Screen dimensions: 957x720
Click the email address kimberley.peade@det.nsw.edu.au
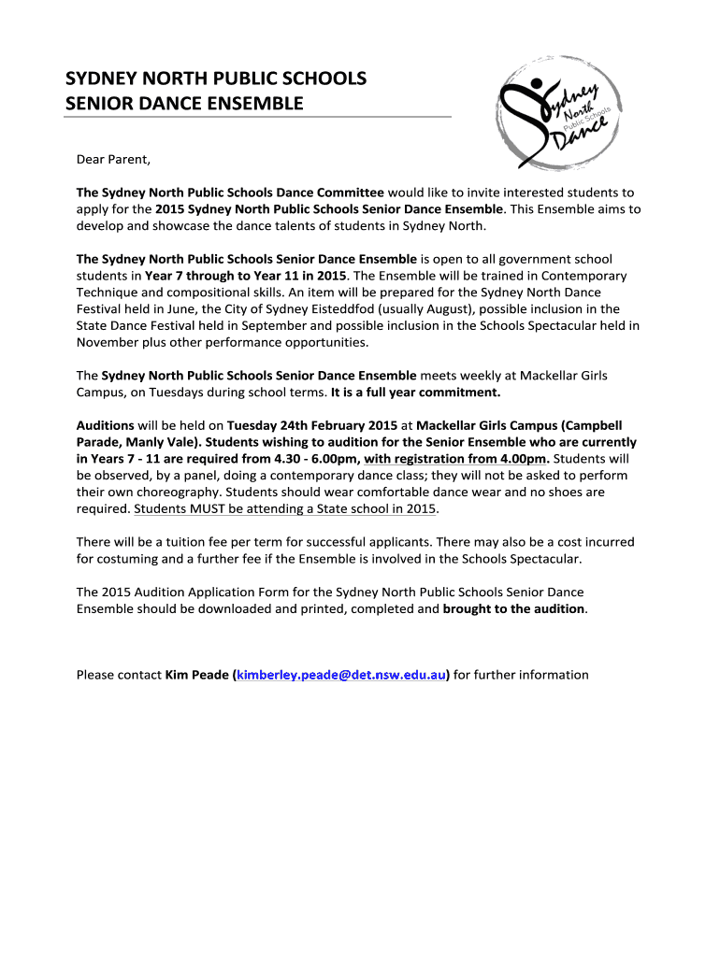pos(341,675)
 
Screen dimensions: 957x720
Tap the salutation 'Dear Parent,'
pos(112,159)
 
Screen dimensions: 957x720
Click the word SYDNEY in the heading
pos(100,78)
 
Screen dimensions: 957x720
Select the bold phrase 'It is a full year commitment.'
pos(415,393)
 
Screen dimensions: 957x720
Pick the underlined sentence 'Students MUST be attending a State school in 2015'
pos(285,509)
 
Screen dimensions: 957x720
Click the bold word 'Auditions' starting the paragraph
pos(105,424)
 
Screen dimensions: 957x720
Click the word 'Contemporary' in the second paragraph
pos(585,276)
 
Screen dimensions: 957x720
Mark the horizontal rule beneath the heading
pos(258,117)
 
